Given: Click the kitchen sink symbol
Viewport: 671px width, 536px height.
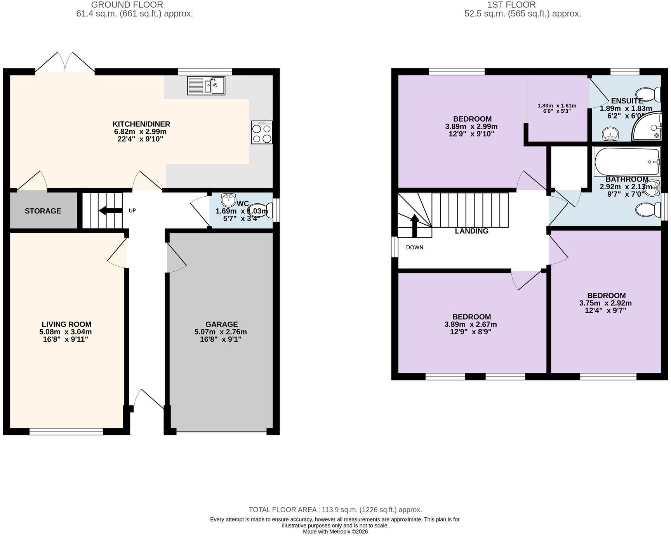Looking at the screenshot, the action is [x=206, y=86].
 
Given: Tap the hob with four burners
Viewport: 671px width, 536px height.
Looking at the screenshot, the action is [x=262, y=133].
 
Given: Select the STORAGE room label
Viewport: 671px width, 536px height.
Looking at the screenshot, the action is [x=43, y=211].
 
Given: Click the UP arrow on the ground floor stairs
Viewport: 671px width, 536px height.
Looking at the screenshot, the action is [x=111, y=211].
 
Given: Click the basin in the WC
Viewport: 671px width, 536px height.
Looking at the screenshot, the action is [x=229, y=200].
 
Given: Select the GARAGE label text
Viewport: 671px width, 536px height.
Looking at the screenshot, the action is [x=222, y=324].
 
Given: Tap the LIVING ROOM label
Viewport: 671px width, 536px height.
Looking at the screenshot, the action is [x=67, y=324].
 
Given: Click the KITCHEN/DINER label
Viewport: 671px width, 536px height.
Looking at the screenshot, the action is [x=141, y=124].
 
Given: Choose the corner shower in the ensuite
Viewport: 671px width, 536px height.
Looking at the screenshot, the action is [x=648, y=126].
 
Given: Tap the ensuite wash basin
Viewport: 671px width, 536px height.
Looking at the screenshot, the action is [x=611, y=134].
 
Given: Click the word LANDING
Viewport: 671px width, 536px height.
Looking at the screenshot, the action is [x=471, y=231].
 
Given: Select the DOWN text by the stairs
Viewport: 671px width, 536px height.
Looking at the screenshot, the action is [x=415, y=248].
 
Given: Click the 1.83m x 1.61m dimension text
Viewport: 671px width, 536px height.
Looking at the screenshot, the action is [x=557, y=106].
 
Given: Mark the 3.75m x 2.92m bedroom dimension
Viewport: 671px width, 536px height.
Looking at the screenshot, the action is [x=605, y=303].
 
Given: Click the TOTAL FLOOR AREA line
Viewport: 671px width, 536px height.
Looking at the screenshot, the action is [x=335, y=510].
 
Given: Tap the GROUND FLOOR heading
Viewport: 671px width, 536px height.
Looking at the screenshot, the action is [x=127, y=5].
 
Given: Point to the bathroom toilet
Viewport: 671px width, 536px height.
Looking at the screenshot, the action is [x=648, y=210].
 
